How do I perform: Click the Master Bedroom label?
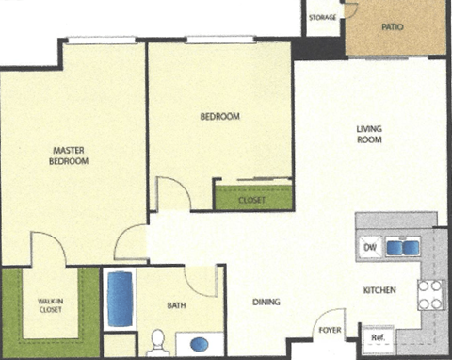[x=69, y=155]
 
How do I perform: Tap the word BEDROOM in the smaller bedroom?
[x=219, y=117]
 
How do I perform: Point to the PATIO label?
[x=393, y=27]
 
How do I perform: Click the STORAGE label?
[x=323, y=17]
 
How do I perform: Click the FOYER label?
[x=329, y=330]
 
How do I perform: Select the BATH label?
[x=177, y=305]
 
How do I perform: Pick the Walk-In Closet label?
[x=50, y=304]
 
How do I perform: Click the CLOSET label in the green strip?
[x=251, y=201]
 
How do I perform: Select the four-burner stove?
[x=430, y=295]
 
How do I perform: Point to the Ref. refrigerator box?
[x=378, y=336]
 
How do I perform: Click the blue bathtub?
[x=120, y=298]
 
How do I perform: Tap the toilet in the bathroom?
[x=157, y=340]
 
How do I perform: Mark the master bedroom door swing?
[x=132, y=245]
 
